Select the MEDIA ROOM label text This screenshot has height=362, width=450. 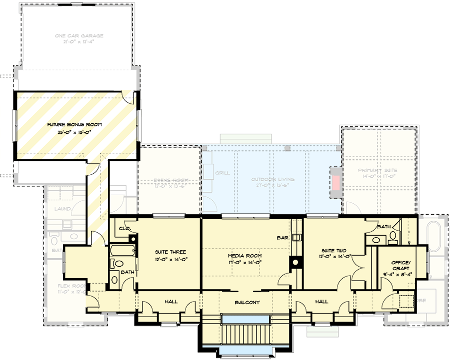[241, 255]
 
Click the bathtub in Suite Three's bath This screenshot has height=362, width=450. [122, 250]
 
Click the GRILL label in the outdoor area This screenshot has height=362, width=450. [222, 173]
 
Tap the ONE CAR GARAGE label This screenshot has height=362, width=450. [79, 35]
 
